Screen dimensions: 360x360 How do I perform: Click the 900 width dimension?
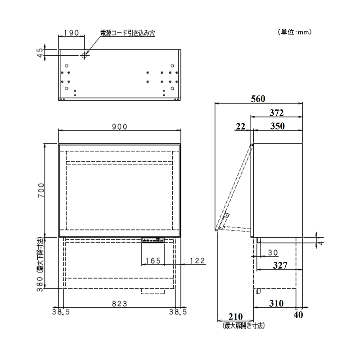pyautogui.click(x=119, y=127)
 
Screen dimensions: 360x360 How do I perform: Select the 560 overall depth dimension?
pyautogui.click(x=258, y=99)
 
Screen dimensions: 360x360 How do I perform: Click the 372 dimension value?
pyautogui.click(x=277, y=112)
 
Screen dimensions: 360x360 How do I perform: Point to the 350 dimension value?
pyautogui.click(x=278, y=126)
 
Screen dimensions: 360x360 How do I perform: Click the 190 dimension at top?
pyautogui.click(x=72, y=33)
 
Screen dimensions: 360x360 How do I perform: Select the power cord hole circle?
pyautogui.click(x=84, y=55)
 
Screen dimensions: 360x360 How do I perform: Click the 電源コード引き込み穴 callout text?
pyautogui.click(x=128, y=33)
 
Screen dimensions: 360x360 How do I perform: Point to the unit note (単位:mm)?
pyautogui.click(x=295, y=32)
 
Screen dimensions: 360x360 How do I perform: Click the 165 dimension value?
pyautogui.click(x=153, y=261)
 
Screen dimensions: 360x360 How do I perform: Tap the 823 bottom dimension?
pyautogui.click(x=119, y=304)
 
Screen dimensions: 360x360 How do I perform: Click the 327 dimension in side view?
pyautogui.click(x=279, y=266)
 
